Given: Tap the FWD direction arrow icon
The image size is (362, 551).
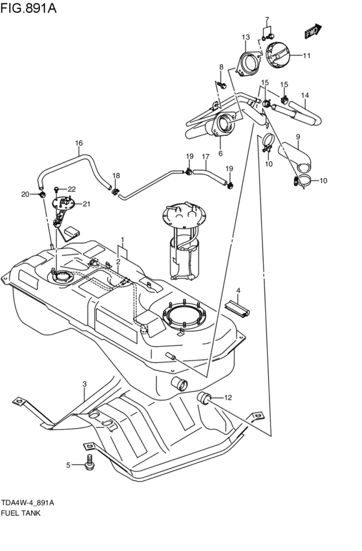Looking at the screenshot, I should [313, 30].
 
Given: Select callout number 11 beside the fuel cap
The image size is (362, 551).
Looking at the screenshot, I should [306, 56].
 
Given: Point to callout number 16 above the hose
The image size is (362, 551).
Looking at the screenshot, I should [79, 143].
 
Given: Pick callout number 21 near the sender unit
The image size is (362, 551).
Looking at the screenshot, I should [86, 205].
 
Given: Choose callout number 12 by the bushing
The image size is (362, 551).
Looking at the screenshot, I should [227, 398].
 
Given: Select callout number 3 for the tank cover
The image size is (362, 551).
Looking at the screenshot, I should [84, 385].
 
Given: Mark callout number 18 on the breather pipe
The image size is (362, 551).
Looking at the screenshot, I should [116, 175].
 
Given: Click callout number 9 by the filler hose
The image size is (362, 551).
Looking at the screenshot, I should [298, 137].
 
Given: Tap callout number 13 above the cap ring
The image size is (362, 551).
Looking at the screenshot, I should [246, 37].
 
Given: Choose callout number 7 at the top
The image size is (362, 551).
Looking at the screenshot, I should [266, 19].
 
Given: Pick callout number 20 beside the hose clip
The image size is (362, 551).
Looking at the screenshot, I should [25, 194].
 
